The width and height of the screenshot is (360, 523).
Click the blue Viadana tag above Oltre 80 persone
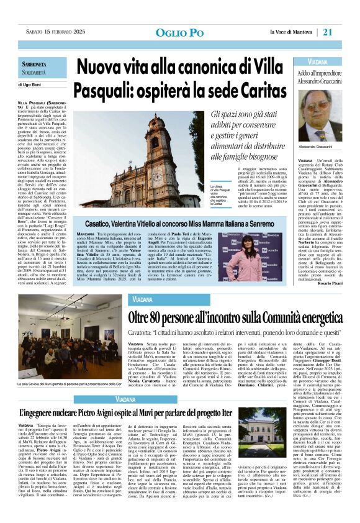(143, 301)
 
